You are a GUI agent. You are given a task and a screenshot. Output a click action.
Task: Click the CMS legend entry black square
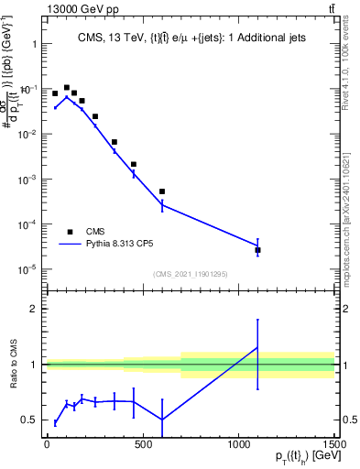[71, 232]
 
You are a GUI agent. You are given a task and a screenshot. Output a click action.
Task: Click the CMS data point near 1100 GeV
[258, 250]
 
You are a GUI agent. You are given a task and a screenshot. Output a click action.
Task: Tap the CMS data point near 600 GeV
[162, 191]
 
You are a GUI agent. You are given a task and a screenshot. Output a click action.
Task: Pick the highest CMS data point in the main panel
[67, 88]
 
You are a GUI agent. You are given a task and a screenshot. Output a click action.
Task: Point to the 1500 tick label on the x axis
[334, 444]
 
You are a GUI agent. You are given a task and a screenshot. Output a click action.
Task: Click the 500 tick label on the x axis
[142, 444]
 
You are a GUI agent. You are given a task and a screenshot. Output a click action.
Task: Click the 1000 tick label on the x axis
[238, 444]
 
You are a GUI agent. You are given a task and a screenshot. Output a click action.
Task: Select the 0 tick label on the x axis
[47, 444]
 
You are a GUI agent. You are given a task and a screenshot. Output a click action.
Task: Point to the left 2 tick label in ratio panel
[32, 309]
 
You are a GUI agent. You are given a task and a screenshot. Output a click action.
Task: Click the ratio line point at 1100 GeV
[258, 348]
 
